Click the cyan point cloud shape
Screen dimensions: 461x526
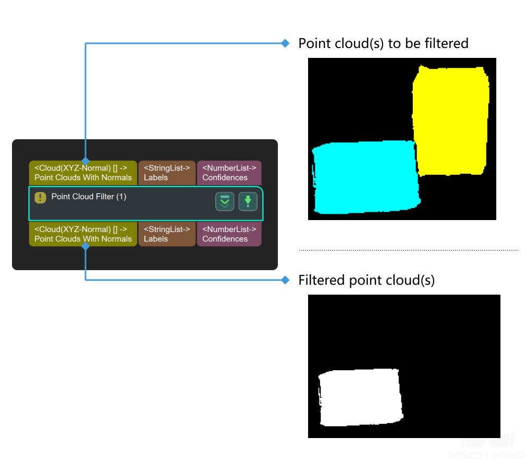click(x=365, y=177)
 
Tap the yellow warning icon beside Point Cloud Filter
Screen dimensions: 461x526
click(x=41, y=198)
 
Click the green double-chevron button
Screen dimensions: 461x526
click(x=225, y=202)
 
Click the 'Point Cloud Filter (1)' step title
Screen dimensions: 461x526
click(x=89, y=197)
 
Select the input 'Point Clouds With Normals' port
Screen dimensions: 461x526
click(x=83, y=172)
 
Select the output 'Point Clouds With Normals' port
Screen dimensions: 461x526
click(x=83, y=234)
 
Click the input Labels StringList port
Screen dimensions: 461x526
click(x=167, y=172)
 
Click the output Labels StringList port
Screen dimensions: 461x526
click(x=167, y=234)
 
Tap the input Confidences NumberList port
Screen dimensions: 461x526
click(x=229, y=172)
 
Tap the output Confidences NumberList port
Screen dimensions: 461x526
click(x=229, y=234)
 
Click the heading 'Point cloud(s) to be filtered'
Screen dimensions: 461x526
click(x=383, y=43)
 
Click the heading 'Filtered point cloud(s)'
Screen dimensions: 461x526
click(x=366, y=281)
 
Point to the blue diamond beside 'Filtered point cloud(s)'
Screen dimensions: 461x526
click(x=285, y=281)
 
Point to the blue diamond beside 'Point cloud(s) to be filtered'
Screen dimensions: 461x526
click(x=285, y=43)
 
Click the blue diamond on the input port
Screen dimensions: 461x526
click(x=85, y=161)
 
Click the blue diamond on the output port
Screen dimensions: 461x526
click(x=85, y=246)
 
